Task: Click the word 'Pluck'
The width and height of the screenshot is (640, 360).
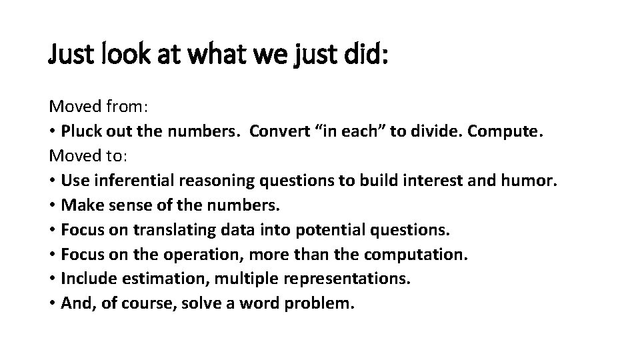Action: tap(81, 131)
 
